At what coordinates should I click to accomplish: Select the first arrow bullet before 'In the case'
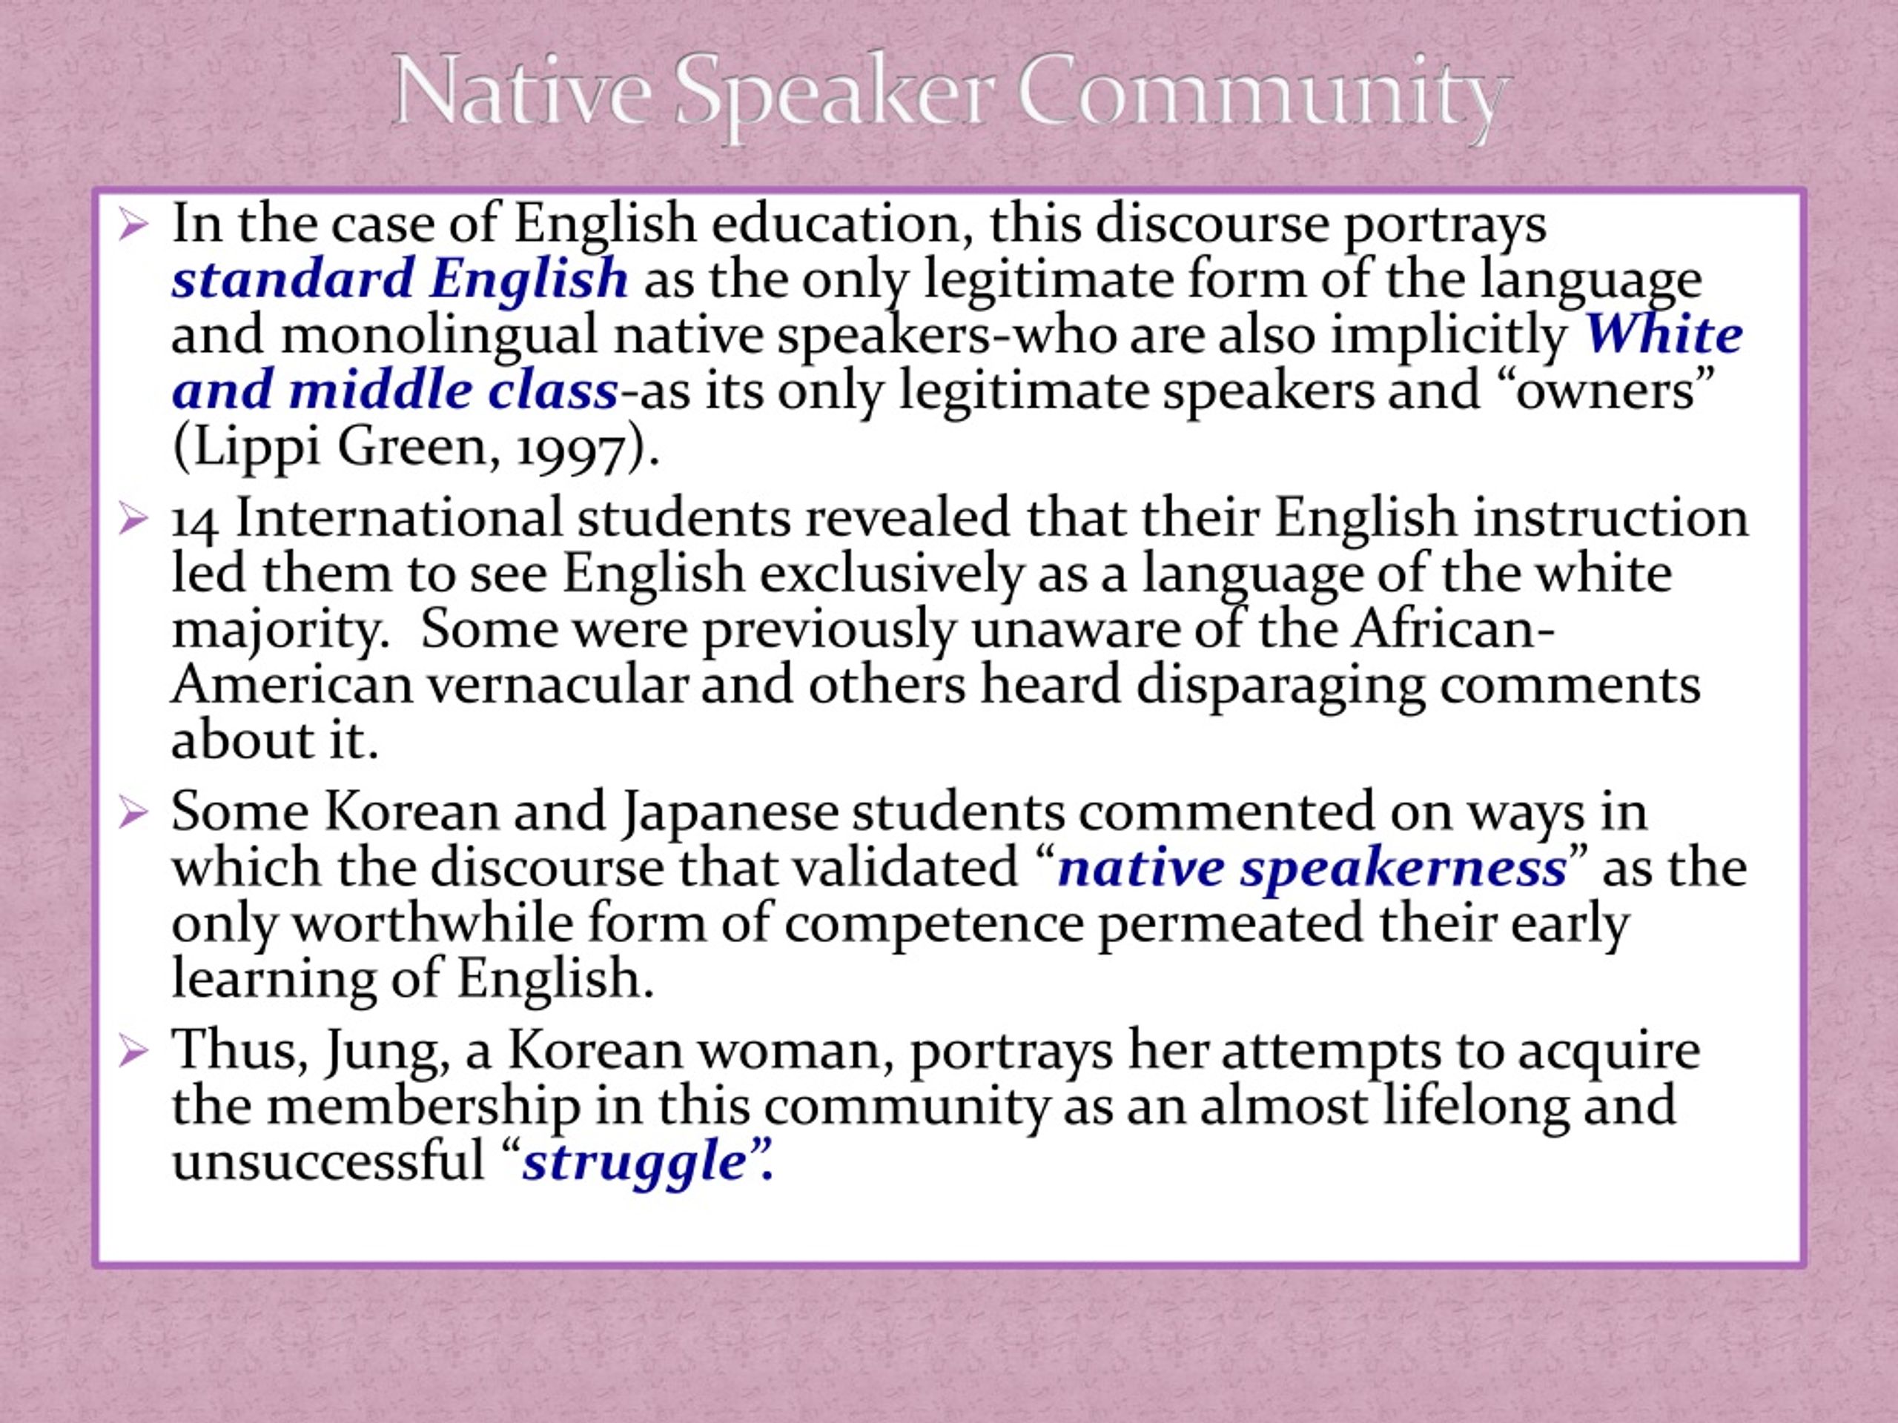pyautogui.click(x=134, y=225)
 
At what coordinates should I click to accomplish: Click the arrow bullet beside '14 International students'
pyautogui.click(x=134, y=519)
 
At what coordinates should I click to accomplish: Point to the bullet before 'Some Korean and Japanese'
pyautogui.click(x=134, y=811)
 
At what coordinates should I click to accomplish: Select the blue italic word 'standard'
pyautogui.click(x=294, y=279)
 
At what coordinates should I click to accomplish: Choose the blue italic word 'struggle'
pyautogui.click(x=634, y=1164)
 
